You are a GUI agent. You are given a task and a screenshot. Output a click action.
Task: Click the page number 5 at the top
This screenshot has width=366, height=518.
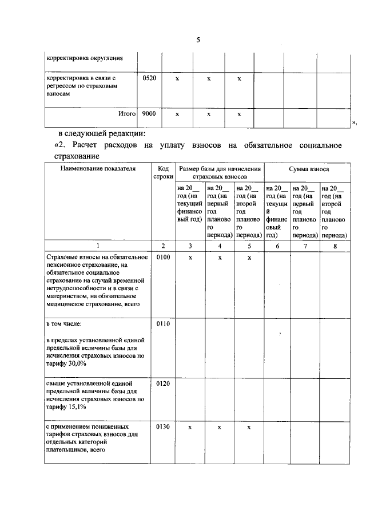198,39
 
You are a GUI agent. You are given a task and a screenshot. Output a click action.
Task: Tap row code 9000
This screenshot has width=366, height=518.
149,114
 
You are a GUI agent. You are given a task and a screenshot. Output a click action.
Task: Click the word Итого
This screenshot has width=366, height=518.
126,114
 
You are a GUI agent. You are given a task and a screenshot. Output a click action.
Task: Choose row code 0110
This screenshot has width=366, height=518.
163,324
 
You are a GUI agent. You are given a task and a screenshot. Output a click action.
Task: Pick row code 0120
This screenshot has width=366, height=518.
163,383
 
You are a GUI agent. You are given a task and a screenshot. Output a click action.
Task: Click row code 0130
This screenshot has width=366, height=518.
163,427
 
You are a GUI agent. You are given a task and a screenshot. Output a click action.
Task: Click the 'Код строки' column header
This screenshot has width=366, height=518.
163,173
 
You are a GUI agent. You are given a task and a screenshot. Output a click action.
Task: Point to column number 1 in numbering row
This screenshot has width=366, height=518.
97,246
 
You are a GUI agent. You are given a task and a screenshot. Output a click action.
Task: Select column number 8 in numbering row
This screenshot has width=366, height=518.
335,246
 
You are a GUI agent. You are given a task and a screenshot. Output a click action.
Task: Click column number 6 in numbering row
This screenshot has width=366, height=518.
277,246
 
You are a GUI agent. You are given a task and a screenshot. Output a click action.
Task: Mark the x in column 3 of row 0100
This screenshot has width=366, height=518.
190,258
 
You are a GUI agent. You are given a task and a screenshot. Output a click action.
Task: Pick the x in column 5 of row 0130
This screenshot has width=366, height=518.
249,428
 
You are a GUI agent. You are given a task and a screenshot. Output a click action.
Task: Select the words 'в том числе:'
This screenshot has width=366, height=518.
63,324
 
